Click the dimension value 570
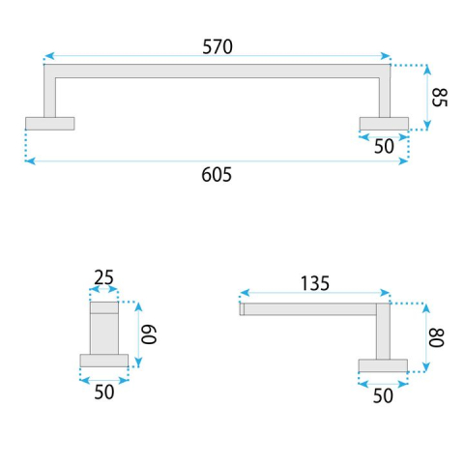coord(217,45)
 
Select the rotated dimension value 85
coord(440,98)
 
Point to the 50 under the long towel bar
coord(384,145)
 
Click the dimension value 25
coord(103,278)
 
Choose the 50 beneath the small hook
coord(103,392)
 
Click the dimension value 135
coord(314,283)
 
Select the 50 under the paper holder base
coord(383,394)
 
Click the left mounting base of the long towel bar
coord(49,123)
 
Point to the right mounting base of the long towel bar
coord(384,123)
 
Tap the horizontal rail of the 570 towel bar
coord(217,71)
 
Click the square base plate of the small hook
coord(103,361)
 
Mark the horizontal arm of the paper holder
coord(309,309)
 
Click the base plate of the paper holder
coord(383,364)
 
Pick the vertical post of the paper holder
coord(383,333)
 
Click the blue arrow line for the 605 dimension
coord(217,160)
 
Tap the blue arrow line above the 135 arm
coord(314,293)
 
